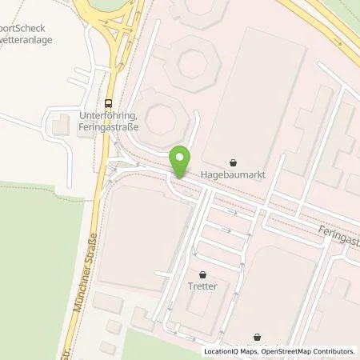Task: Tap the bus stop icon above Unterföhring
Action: point(108,102)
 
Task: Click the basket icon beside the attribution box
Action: point(257,337)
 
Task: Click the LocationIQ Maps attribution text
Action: point(228,350)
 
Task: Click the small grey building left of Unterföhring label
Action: point(61,124)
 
